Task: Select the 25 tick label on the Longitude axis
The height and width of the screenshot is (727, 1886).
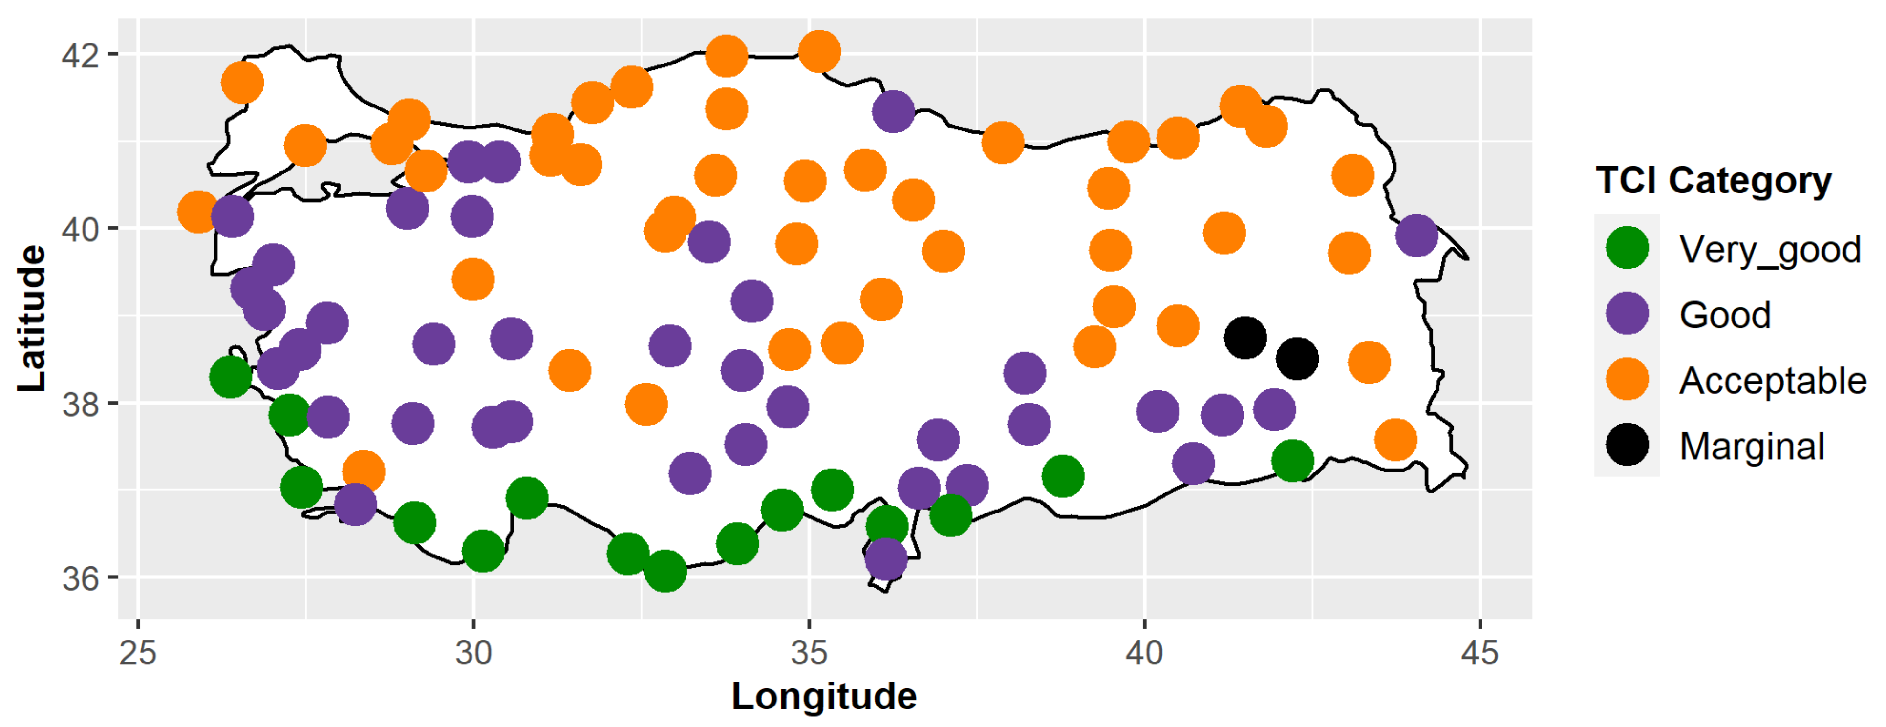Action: pos(138,652)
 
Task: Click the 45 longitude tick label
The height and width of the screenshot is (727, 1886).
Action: pos(1479,652)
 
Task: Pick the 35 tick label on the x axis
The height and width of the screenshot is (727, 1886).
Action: pos(809,652)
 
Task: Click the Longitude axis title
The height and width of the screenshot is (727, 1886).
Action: pos(824,696)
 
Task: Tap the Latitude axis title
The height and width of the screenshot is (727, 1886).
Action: pos(32,319)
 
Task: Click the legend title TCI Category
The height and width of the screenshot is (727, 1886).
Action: pos(1713,180)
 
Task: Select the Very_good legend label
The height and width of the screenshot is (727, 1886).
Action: pos(1770,250)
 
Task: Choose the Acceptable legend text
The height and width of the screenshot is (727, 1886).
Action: pos(1773,381)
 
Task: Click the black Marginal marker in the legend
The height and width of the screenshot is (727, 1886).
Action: pos(1627,445)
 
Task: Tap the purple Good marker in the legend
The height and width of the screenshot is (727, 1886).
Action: pos(1627,313)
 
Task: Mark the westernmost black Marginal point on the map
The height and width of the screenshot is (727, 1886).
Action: pos(1244,338)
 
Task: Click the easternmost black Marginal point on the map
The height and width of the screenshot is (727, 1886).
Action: pos(1297,359)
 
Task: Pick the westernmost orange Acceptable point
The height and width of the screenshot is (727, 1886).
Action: pos(198,213)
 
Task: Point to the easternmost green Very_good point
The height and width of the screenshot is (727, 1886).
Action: pos(1292,461)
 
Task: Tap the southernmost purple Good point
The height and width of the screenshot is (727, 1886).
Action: pos(886,559)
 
